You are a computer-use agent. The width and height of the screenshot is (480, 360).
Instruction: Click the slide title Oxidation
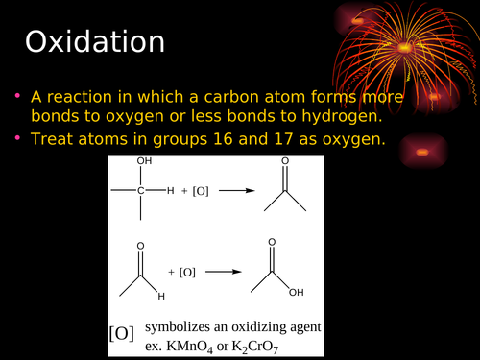tap(94, 42)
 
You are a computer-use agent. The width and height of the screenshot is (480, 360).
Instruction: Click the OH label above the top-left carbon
tap(145, 161)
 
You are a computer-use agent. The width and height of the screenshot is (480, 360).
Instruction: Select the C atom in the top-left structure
tap(140, 191)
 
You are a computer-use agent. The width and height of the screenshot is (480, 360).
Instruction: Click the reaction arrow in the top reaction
tap(235, 190)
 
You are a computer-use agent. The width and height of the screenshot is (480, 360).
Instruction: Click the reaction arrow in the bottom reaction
tap(223, 272)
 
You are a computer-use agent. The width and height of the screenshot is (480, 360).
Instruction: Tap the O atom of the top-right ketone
tap(285, 161)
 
